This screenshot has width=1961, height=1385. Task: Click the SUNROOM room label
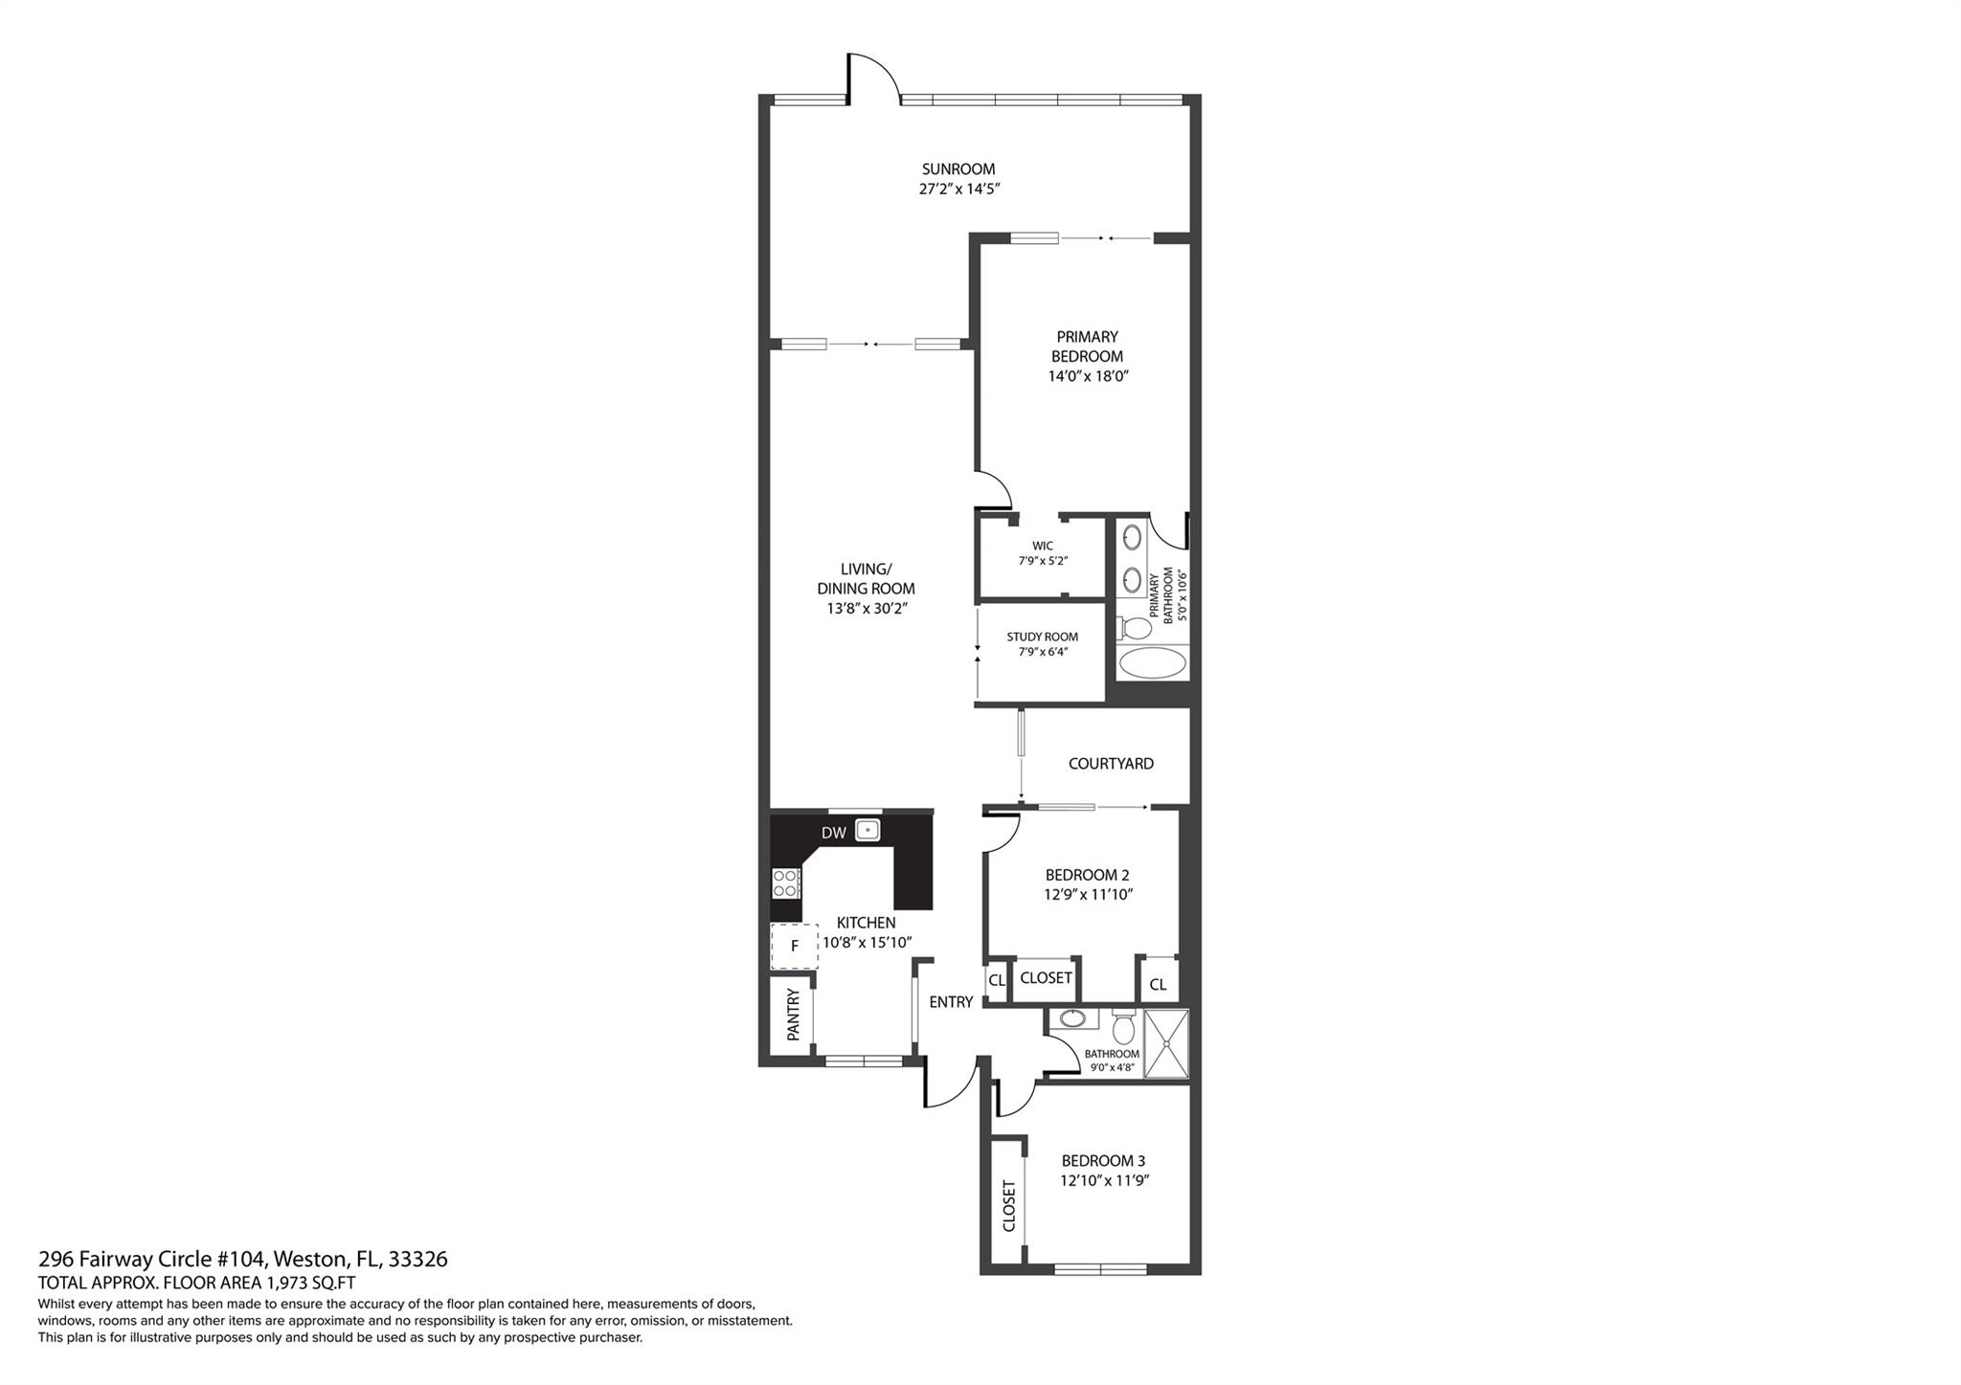click(x=958, y=169)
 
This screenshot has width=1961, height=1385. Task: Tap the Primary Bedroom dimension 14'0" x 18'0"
click(x=1088, y=376)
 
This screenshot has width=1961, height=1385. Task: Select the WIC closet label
click(x=1043, y=547)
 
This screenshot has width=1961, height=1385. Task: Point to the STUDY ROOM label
click(x=1042, y=637)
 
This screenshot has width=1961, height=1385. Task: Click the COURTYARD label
click(x=1111, y=764)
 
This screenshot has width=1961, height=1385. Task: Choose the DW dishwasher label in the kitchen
click(x=833, y=833)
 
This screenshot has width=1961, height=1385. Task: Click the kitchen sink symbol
click(x=868, y=830)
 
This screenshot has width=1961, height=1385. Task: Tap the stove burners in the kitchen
click(x=786, y=882)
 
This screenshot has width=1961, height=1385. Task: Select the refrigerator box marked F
click(x=795, y=947)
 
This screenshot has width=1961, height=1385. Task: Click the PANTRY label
click(x=793, y=1015)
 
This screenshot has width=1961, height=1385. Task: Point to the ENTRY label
click(x=951, y=1002)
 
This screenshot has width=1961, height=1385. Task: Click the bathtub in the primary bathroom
click(x=1153, y=662)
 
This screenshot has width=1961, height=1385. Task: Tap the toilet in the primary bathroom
click(x=1134, y=629)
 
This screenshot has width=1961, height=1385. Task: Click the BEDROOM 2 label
click(x=1087, y=875)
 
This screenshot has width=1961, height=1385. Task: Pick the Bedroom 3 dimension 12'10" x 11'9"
click(x=1104, y=1181)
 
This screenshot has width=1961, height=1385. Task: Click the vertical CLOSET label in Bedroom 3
click(x=1008, y=1206)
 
